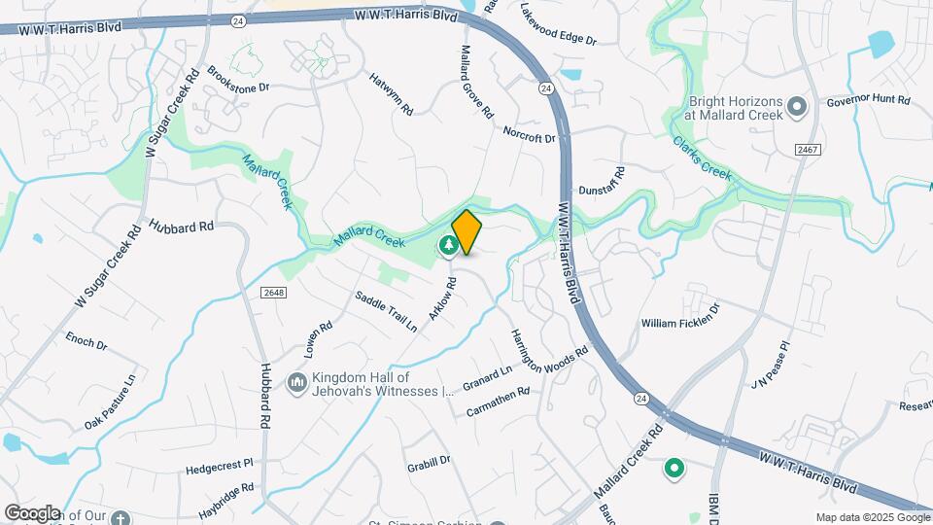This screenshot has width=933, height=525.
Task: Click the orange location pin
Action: tap(466, 231)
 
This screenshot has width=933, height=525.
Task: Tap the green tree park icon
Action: tap(448, 246)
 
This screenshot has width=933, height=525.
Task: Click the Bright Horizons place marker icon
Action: tap(798, 106)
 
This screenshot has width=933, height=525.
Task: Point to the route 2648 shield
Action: tap(273, 293)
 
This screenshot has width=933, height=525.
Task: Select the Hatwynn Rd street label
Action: tap(391, 93)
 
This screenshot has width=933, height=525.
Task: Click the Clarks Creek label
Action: tap(701, 157)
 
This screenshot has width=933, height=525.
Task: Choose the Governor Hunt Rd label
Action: tap(868, 100)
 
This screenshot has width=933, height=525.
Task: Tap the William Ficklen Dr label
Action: tap(680, 315)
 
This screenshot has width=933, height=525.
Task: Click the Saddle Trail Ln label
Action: tap(386, 312)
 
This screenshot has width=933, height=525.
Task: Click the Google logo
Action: tap(32, 512)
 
